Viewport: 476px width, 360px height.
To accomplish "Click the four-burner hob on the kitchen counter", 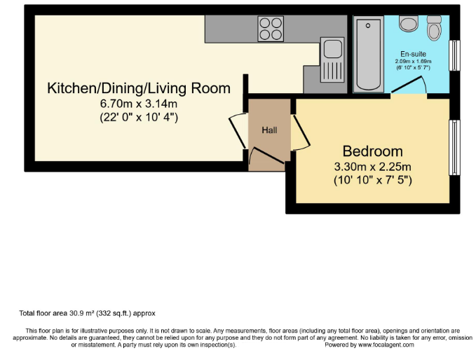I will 271,29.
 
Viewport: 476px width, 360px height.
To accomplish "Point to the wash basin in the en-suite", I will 408,23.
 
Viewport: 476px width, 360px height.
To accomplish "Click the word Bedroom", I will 372,151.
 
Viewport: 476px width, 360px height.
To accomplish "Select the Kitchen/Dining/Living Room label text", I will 138,88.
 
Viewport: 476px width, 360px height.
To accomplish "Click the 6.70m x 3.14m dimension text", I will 138,104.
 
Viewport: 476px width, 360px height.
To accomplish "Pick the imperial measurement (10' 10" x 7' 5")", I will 372,180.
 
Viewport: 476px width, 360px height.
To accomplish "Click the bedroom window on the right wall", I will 455,147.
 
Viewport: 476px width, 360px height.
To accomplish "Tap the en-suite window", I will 455,55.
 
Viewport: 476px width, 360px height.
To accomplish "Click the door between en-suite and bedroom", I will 410,85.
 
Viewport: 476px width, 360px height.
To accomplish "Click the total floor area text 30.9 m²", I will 86,312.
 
